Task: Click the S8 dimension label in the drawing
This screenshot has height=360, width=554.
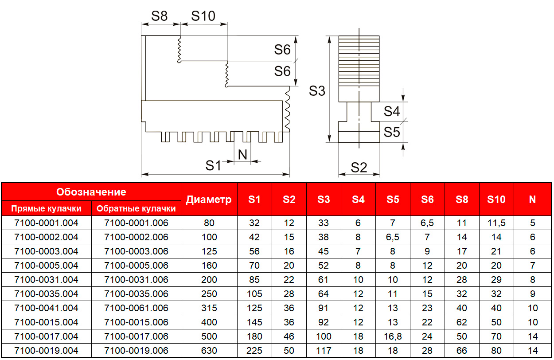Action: click(x=160, y=16)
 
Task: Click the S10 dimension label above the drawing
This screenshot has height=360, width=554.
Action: click(x=203, y=16)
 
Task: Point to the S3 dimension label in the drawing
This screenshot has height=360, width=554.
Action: click(x=317, y=91)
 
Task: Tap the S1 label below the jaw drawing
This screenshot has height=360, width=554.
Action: click(x=213, y=166)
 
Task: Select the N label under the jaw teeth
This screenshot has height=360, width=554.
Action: click(x=242, y=155)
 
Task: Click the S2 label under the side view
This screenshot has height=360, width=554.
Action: click(x=359, y=168)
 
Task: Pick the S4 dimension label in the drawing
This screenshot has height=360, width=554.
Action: click(x=392, y=111)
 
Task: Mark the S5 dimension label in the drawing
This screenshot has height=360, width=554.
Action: click(x=392, y=132)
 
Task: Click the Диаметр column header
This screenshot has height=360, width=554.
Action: click(x=209, y=200)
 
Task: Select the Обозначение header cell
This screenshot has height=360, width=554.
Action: click(x=91, y=192)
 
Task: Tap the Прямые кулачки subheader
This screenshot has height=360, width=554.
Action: click(x=46, y=208)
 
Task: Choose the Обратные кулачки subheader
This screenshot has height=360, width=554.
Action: click(x=136, y=208)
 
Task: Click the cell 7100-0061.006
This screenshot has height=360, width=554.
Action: click(x=136, y=308)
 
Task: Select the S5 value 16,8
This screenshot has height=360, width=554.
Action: click(x=393, y=337)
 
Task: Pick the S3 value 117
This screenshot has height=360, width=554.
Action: click(x=324, y=351)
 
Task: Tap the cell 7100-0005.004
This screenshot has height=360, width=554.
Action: click(x=46, y=266)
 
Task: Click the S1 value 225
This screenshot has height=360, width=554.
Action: click(x=254, y=351)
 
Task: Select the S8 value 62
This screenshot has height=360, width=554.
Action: click(x=462, y=322)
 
